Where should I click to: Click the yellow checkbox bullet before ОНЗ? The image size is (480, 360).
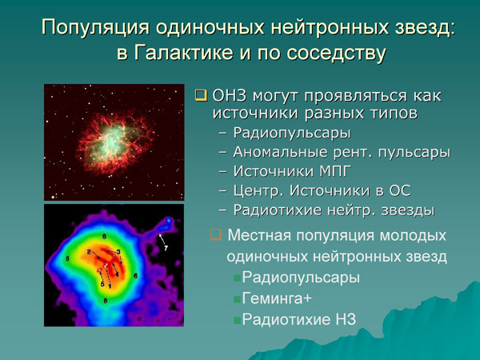pyautogui.click(x=201, y=95)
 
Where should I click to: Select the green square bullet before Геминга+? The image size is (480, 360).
pyautogui.click(x=237, y=299)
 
